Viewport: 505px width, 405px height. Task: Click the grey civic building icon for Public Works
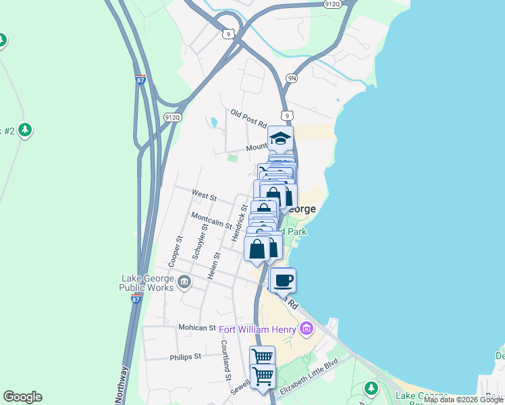point(184,282)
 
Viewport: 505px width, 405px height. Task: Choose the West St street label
point(204,196)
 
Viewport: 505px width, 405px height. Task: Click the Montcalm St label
point(211,220)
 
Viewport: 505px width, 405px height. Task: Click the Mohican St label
point(196,327)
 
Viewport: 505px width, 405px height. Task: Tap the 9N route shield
point(292,78)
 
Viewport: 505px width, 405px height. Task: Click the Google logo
point(22,397)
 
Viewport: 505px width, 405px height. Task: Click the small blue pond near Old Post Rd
point(213,123)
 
